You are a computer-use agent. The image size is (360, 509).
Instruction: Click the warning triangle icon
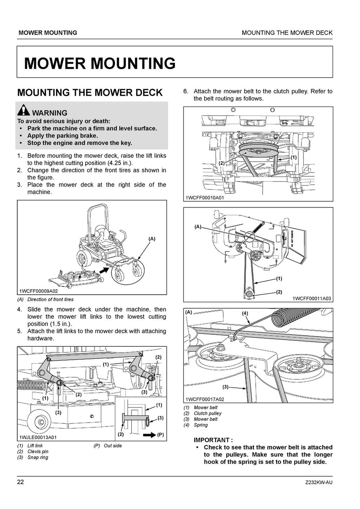coord(24,111)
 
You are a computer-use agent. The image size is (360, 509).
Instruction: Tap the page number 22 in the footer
coord(20,482)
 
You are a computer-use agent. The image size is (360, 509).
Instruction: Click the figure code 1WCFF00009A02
coord(39,291)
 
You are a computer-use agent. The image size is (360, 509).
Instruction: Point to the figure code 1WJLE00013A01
coord(38,437)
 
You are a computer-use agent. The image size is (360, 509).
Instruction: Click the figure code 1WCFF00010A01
coord(205,198)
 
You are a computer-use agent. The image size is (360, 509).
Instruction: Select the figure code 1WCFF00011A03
coord(311,299)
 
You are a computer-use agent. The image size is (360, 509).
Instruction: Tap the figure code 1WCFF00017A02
coord(205,399)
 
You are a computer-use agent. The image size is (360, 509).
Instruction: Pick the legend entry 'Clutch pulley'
coord(207,413)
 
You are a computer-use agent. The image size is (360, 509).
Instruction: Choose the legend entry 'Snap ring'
coord(38,457)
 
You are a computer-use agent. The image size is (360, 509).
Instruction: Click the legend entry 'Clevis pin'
coord(38,451)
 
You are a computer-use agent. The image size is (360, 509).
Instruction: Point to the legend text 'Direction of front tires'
coord(50,300)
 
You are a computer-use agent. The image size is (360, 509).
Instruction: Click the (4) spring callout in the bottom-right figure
coord(245,313)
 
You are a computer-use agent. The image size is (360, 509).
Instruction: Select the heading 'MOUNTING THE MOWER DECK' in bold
coord(90,93)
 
